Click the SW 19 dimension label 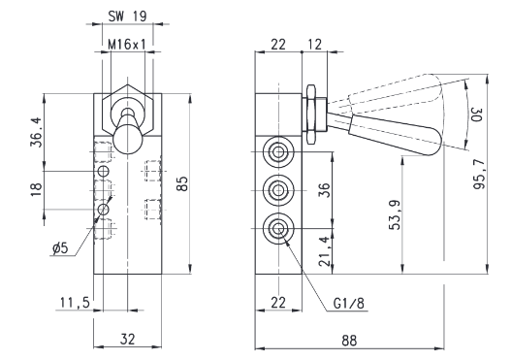pos(127,16)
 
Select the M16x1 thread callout pos(127,45)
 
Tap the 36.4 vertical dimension pos(37,132)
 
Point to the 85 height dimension pos(183,183)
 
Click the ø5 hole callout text pos(60,248)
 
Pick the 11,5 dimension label pos(75,303)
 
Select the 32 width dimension pos(127,339)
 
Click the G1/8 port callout pos(349,304)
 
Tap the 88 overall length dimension pos(349,341)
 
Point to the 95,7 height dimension pos(479,174)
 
